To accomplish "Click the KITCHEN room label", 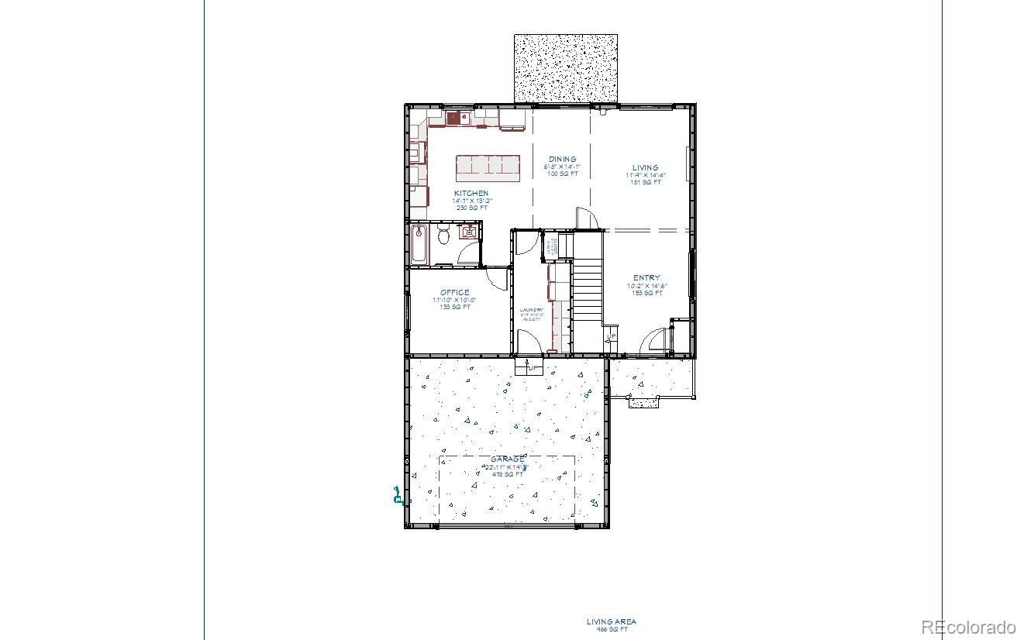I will (x=471, y=193).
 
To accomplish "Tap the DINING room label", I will (x=563, y=159).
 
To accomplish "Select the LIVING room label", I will (x=645, y=167).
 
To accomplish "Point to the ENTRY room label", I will (x=646, y=277).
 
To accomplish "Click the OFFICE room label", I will (x=455, y=292).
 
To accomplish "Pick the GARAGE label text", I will (x=506, y=459).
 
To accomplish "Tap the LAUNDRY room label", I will (x=532, y=310).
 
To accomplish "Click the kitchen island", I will (x=488, y=167).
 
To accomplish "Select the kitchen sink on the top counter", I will (x=454, y=119).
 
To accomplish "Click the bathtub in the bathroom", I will (x=419, y=243).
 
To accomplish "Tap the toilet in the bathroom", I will (x=444, y=235).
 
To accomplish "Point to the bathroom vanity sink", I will (x=470, y=231).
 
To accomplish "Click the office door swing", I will (x=495, y=277).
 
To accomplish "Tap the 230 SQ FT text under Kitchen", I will (x=471, y=208).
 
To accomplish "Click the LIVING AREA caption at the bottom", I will (x=611, y=621).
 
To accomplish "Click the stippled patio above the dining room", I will (x=566, y=68).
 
